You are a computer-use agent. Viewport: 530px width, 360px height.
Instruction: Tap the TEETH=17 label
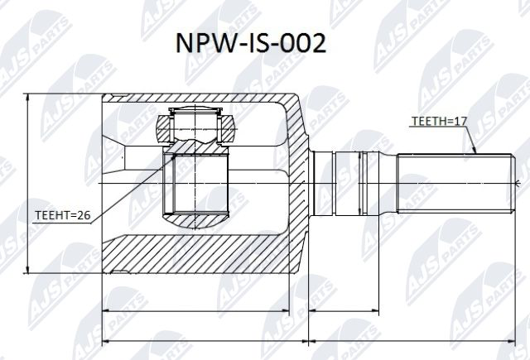439,122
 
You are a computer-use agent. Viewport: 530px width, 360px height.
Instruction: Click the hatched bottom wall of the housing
199,252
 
